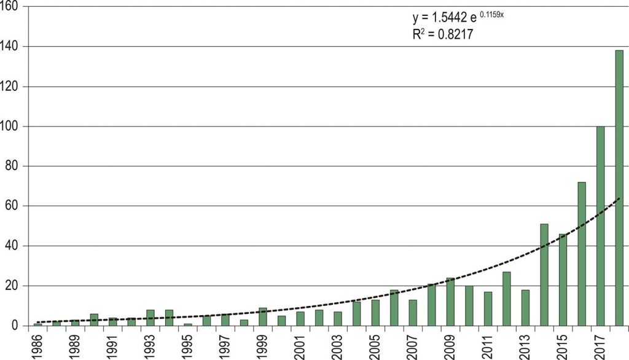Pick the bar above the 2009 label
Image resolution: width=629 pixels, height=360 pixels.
450,302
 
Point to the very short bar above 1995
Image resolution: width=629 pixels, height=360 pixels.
188,324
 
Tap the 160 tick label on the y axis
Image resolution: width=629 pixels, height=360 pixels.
11,7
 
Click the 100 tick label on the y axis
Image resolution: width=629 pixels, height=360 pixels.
11,127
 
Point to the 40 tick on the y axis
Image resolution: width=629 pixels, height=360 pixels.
14,246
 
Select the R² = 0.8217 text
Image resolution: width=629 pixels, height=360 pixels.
442,36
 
